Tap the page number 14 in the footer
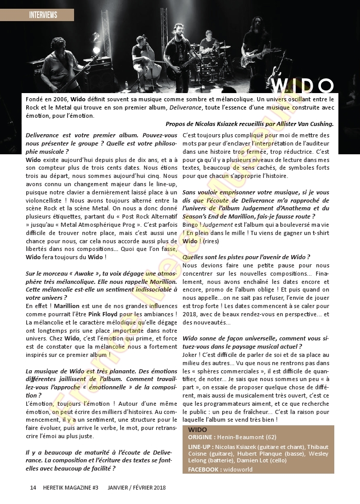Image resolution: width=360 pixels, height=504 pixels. [x=33, y=487]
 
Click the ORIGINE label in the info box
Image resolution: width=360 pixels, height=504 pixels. [x=201, y=436]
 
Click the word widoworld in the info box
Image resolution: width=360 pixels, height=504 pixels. [x=239, y=470]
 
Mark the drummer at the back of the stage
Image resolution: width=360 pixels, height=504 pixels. [x=208, y=44]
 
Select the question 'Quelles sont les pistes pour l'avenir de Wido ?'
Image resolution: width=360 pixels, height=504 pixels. [x=246, y=257]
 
